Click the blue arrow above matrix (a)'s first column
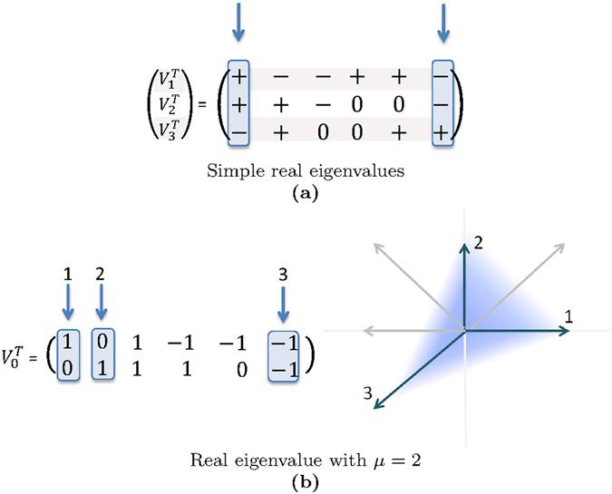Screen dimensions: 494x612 pyautogui.click(x=237, y=23)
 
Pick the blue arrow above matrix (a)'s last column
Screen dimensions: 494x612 pyautogui.click(x=442, y=23)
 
